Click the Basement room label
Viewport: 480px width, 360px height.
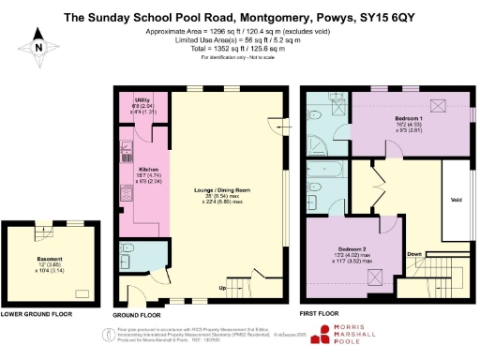point(49,259)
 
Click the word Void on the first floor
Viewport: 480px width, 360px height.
point(457,199)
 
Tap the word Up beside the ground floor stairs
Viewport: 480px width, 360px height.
point(222,287)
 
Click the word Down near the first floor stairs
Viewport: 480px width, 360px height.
point(414,252)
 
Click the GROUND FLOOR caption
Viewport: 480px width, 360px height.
point(138,316)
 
